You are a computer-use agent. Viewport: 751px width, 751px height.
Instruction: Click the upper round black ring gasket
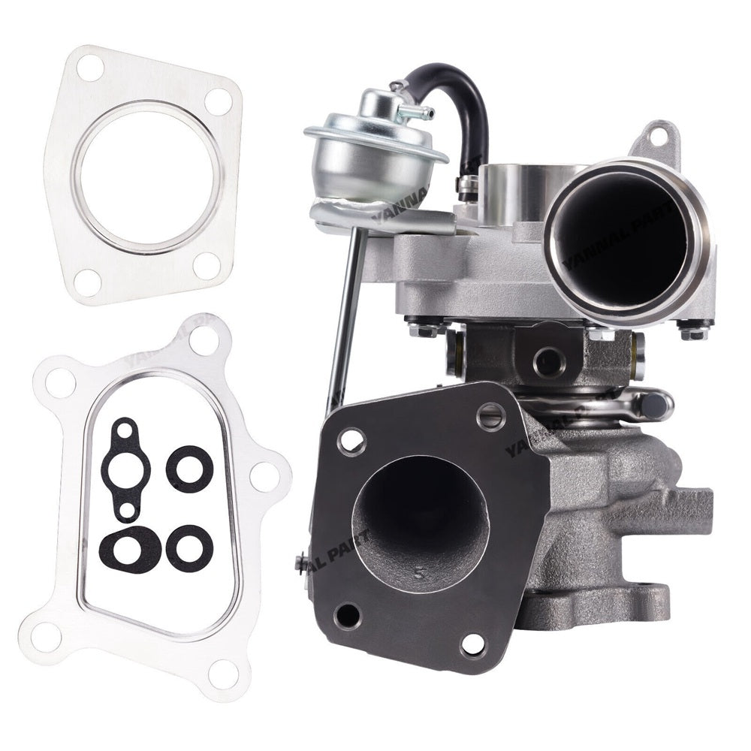[x=189, y=470]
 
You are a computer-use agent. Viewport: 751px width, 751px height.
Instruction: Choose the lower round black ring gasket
[x=189, y=547]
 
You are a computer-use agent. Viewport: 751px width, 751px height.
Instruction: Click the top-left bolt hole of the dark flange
[x=351, y=440]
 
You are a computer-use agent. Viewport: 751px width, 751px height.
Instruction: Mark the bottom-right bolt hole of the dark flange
[x=472, y=644]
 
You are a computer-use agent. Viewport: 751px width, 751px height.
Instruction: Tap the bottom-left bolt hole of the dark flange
[x=347, y=616]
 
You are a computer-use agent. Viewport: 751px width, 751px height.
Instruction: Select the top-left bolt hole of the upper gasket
[x=89, y=68]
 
